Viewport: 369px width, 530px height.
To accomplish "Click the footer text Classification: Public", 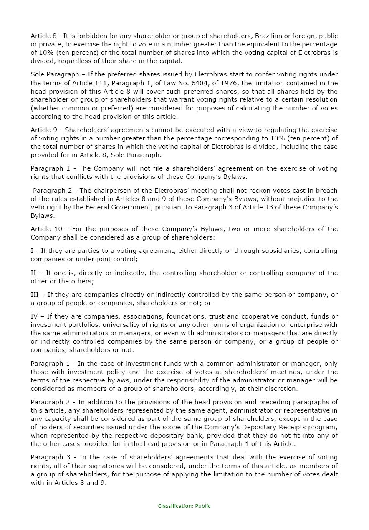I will click(x=184, y=506).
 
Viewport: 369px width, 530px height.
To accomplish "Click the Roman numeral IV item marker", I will click(x=35, y=316).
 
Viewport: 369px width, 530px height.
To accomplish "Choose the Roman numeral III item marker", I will click(x=35, y=295).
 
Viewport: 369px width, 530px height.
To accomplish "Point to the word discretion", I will click(x=282, y=389).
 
